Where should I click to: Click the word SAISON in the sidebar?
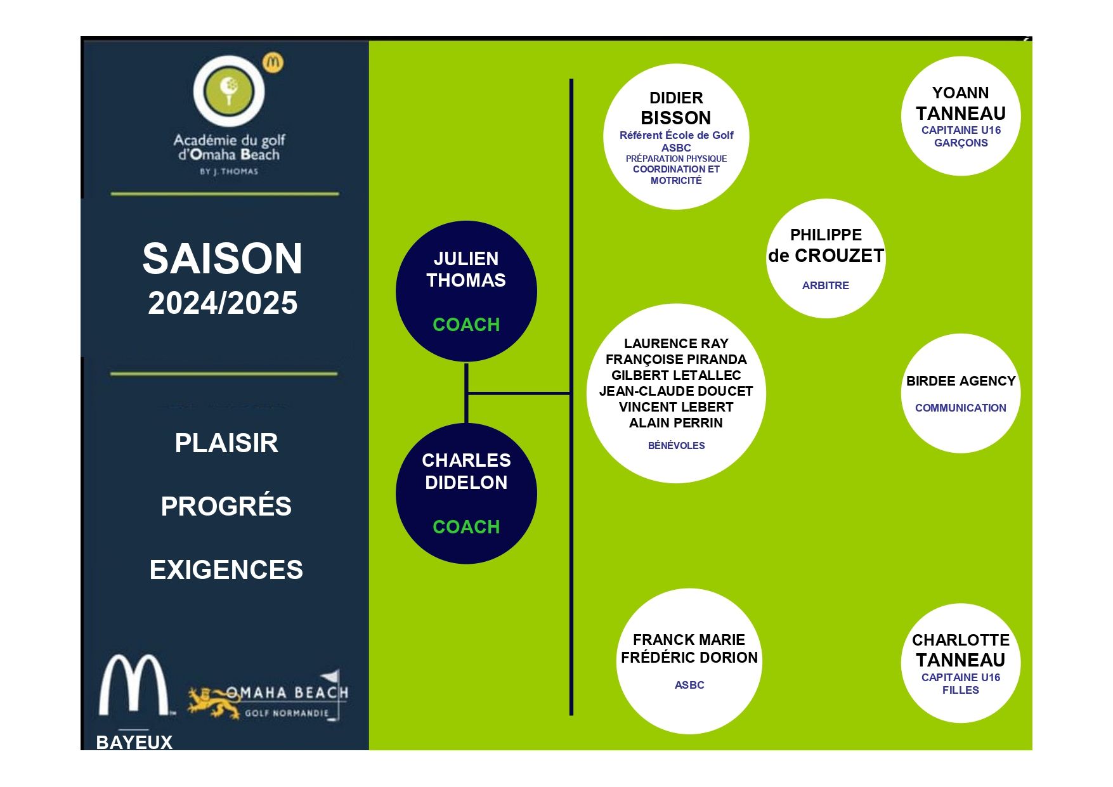[x=222, y=259]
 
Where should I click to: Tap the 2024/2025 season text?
[x=223, y=303]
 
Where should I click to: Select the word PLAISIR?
[x=226, y=443]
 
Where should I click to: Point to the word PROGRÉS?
[x=226, y=505]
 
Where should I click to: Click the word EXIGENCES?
[x=226, y=569]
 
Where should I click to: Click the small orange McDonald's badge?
[x=273, y=62]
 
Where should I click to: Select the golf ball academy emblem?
[x=229, y=91]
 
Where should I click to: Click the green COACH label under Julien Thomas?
[x=466, y=325]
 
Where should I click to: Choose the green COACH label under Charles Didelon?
[x=466, y=527]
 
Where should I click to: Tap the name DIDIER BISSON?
[x=676, y=108]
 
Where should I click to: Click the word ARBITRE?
[x=826, y=285]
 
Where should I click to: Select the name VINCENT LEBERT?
[x=676, y=407]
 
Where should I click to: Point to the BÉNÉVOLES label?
[x=677, y=446]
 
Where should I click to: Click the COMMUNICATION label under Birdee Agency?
[x=961, y=408]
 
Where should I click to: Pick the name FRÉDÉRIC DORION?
[x=689, y=658]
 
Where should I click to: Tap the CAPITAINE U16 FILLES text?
[x=961, y=684]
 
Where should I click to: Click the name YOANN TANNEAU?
[x=961, y=103]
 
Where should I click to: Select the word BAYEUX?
[x=134, y=742]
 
